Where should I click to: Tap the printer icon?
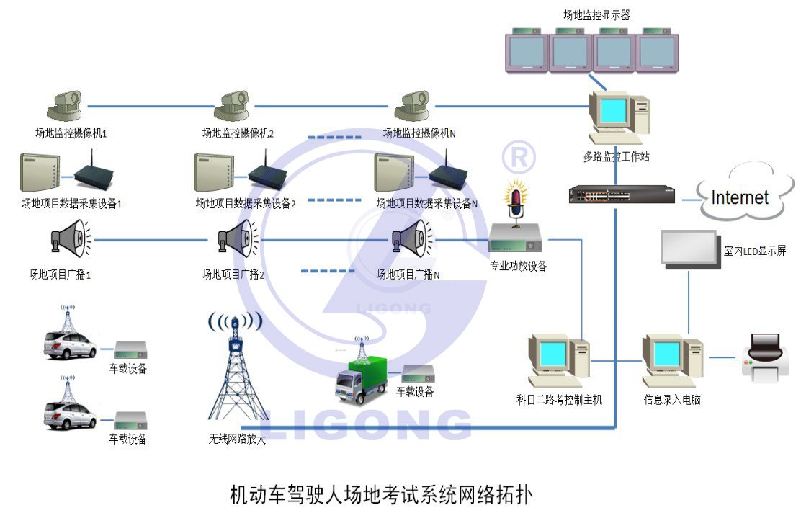pyautogui.click(x=764, y=357)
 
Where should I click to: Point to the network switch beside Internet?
pyautogui.click(x=622, y=195)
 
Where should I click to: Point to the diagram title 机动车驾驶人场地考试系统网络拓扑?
pyautogui.click(x=382, y=495)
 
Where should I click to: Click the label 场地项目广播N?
pyautogui.click(x=408, y=274)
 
